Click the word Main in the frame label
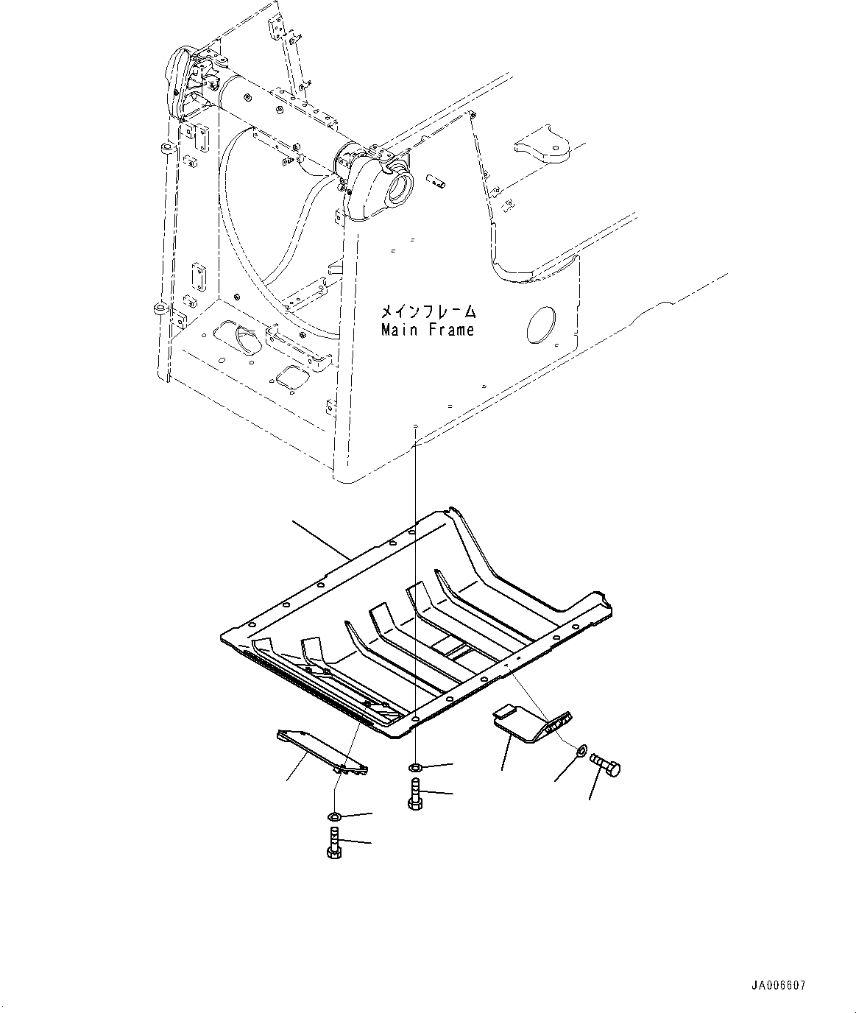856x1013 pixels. click(x=398, y=330)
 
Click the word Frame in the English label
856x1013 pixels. click(x=449, y=330)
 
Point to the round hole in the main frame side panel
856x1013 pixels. click(x=542, y=325)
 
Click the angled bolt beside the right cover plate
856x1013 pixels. click(x=605, y=765)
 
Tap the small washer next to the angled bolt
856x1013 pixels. click(x=580, y=750)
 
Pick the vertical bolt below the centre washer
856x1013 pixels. click(x=414, y=795)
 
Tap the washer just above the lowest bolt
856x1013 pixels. click(x=333, y=816)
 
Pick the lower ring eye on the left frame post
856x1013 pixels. click(x=158, y=307)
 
